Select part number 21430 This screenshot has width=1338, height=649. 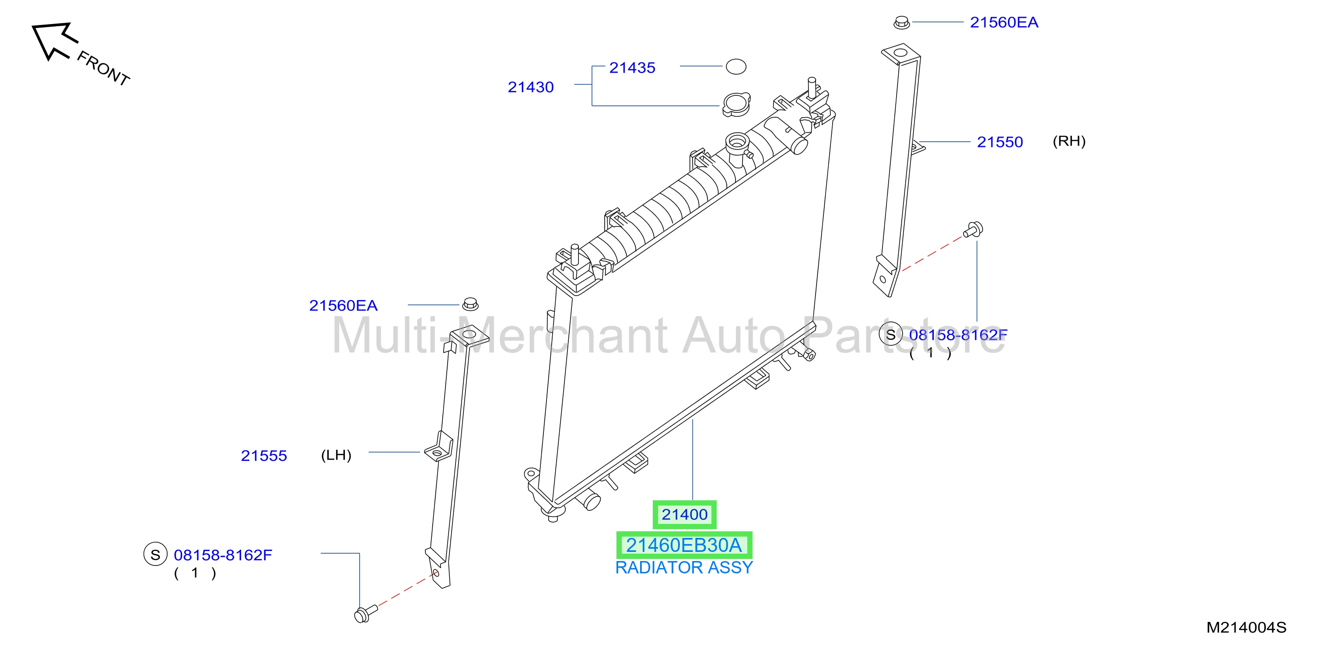[x=530, y=87]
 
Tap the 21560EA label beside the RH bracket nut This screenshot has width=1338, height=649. [x=1004, y=22]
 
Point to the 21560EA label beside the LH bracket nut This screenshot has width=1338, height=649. [x=343, y=305]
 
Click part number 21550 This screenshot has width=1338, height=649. [x=1000, y=142]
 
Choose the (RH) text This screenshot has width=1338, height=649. [x=1069, y=141]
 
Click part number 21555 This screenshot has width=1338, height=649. [x=264, y=456]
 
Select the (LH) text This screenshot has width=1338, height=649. [x=336, y=455]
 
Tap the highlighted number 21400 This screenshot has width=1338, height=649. [x=685, y=515]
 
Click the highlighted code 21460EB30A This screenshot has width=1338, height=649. [x=684, y=545]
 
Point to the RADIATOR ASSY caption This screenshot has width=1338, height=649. [x=684, y=568]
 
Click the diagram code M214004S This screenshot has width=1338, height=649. [x=1246, y=628]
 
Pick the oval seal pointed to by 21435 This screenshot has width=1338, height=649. [x=736, y=66]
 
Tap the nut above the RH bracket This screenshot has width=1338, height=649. [x=902, y=22]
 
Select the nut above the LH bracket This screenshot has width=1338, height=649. [x=470, y=304]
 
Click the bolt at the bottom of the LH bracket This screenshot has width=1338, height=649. [x=366, y=613]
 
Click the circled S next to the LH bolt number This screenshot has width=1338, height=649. [x=155, y=555]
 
